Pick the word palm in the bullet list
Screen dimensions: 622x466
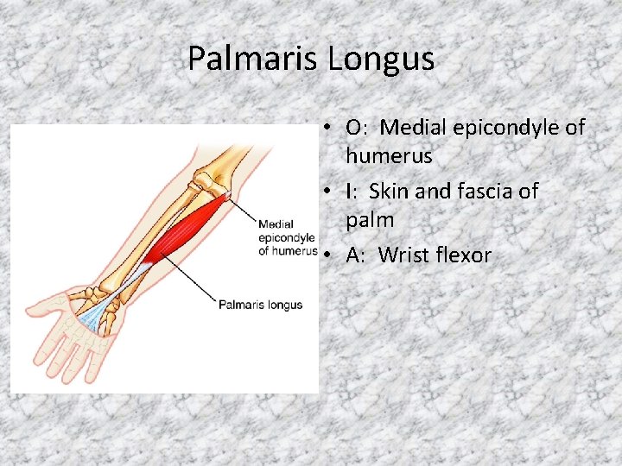(370, 220)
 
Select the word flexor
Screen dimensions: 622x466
(466, 255)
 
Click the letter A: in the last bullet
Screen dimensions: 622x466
(356, 255)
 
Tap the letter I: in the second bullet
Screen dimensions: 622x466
(351, 191)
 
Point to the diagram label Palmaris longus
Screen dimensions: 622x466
(260, 305)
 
